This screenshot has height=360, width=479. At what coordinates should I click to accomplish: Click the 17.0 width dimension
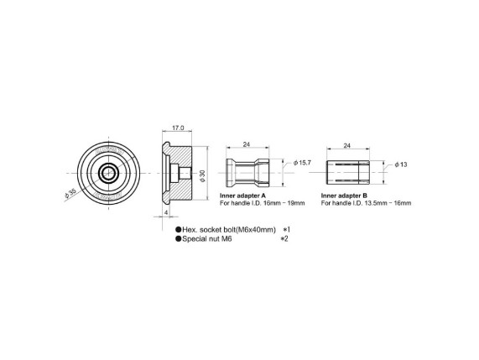click(178, 128)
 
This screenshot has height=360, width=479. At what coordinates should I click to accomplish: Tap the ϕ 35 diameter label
click(70, 194)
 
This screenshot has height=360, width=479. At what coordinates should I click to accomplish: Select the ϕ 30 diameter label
click(202, 176)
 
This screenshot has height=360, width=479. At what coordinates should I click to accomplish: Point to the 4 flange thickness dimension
click(166, 212)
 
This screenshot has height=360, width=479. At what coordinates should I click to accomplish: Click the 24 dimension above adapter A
click(247, 144)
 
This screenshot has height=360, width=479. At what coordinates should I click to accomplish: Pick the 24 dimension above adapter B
click(346, 146)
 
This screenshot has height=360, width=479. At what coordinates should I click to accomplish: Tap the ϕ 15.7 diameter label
click(302, 163)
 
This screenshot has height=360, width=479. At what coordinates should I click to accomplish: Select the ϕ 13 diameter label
click(401, 164)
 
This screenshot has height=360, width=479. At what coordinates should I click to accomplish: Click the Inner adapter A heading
click(243, 196)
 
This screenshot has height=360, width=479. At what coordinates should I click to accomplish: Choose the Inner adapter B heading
click(344, 196)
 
